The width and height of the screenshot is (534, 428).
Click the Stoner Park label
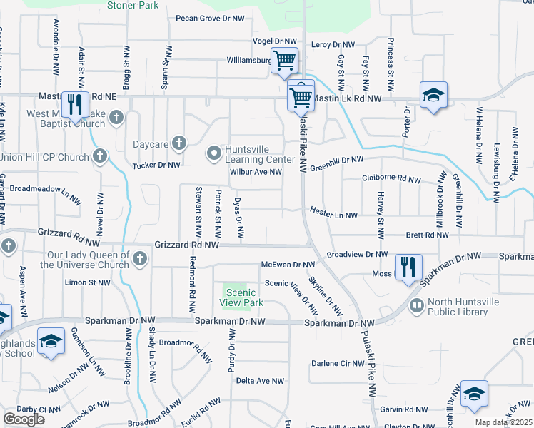[132, 5]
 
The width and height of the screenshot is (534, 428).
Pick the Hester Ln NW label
[333, 213]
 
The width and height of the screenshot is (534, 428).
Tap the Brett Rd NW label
[427, 234]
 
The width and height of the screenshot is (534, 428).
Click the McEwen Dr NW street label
[288, 265]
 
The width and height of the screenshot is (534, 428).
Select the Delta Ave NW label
[260, 382]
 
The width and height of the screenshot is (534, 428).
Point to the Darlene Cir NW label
[338, 364]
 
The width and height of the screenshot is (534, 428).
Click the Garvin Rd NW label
[403, 409]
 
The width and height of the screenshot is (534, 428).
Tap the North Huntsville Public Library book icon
[415, 305]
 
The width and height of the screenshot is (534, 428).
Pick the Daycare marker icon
[178, 143]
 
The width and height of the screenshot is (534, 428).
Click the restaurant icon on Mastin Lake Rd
[75, 104]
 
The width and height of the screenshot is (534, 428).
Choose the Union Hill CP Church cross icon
[101, 156]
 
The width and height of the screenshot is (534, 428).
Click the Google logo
[24, 419]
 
